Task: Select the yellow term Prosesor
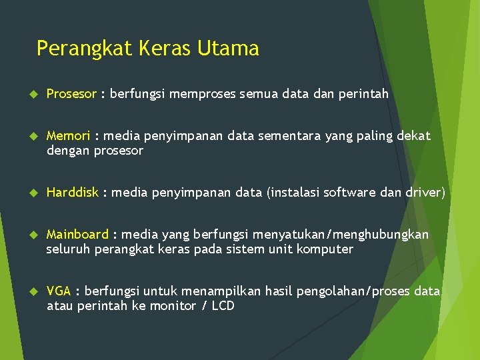[x=71, y=94]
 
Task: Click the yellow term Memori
[x=68, y=136]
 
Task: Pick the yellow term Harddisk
[x=72, y=193]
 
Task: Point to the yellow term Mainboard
[x=77, y=235]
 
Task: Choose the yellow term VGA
[x=59, y=291]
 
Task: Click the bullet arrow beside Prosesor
[x=26, y=94]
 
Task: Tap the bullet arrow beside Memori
[x=26, y=136]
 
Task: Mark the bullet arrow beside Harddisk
[x=26, y=193]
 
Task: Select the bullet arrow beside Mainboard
[x=26, y=235]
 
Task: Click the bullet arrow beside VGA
[x=26, y=291]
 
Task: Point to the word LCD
[x=222, y=306]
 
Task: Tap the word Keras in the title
[x=168, y=48]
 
